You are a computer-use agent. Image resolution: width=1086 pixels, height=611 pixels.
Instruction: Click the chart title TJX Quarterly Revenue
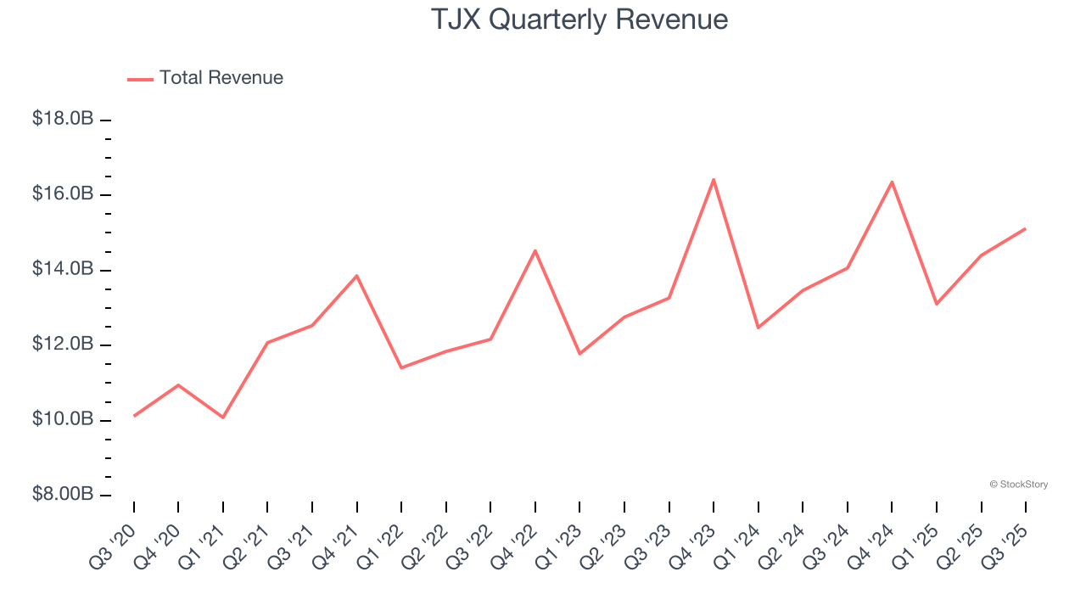pyautogui.click(x=579, y=20)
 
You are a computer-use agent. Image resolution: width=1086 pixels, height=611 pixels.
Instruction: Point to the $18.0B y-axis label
pyautogui.click(x=63, y=119)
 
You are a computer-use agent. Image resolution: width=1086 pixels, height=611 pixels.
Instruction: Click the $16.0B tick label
pyautogui.click(x=63, y=194)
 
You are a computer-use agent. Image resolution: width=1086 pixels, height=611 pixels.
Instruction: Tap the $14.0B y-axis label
pyautogui.click(x=63, y=269)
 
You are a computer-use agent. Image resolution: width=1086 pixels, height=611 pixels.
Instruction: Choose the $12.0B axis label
pyautogui.click(x=63, y=345)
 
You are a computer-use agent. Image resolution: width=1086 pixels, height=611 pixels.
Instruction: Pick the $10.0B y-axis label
pyautogui.click(x=63, y=420)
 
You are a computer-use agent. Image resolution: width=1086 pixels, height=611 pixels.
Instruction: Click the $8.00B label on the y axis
pyautogui.click(x=63, y=495)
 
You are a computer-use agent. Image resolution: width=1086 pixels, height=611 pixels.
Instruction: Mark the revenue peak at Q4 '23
pyautogui.click(x=714, y=179)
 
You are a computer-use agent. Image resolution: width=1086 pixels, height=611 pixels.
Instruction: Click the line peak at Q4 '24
pyautogui.click(x=892, y=182)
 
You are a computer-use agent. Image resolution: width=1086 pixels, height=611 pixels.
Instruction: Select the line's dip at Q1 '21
pyautogui.click(x=223, y=418)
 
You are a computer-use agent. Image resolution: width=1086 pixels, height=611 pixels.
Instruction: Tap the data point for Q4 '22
pyautogui.click(x=535, y=250)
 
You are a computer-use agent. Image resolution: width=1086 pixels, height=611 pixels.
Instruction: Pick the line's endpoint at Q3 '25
pyautogui.click(x=1025, y=228)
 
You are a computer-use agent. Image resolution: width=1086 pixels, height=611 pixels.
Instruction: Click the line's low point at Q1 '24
pyautogui.click(x=758, y=328)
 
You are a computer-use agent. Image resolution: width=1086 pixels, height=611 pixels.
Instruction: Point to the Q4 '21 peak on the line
pyautogui.click(x=356, y=276)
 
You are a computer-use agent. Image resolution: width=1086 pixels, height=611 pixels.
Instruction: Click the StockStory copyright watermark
pyautogui.click(x=1018, y=485)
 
